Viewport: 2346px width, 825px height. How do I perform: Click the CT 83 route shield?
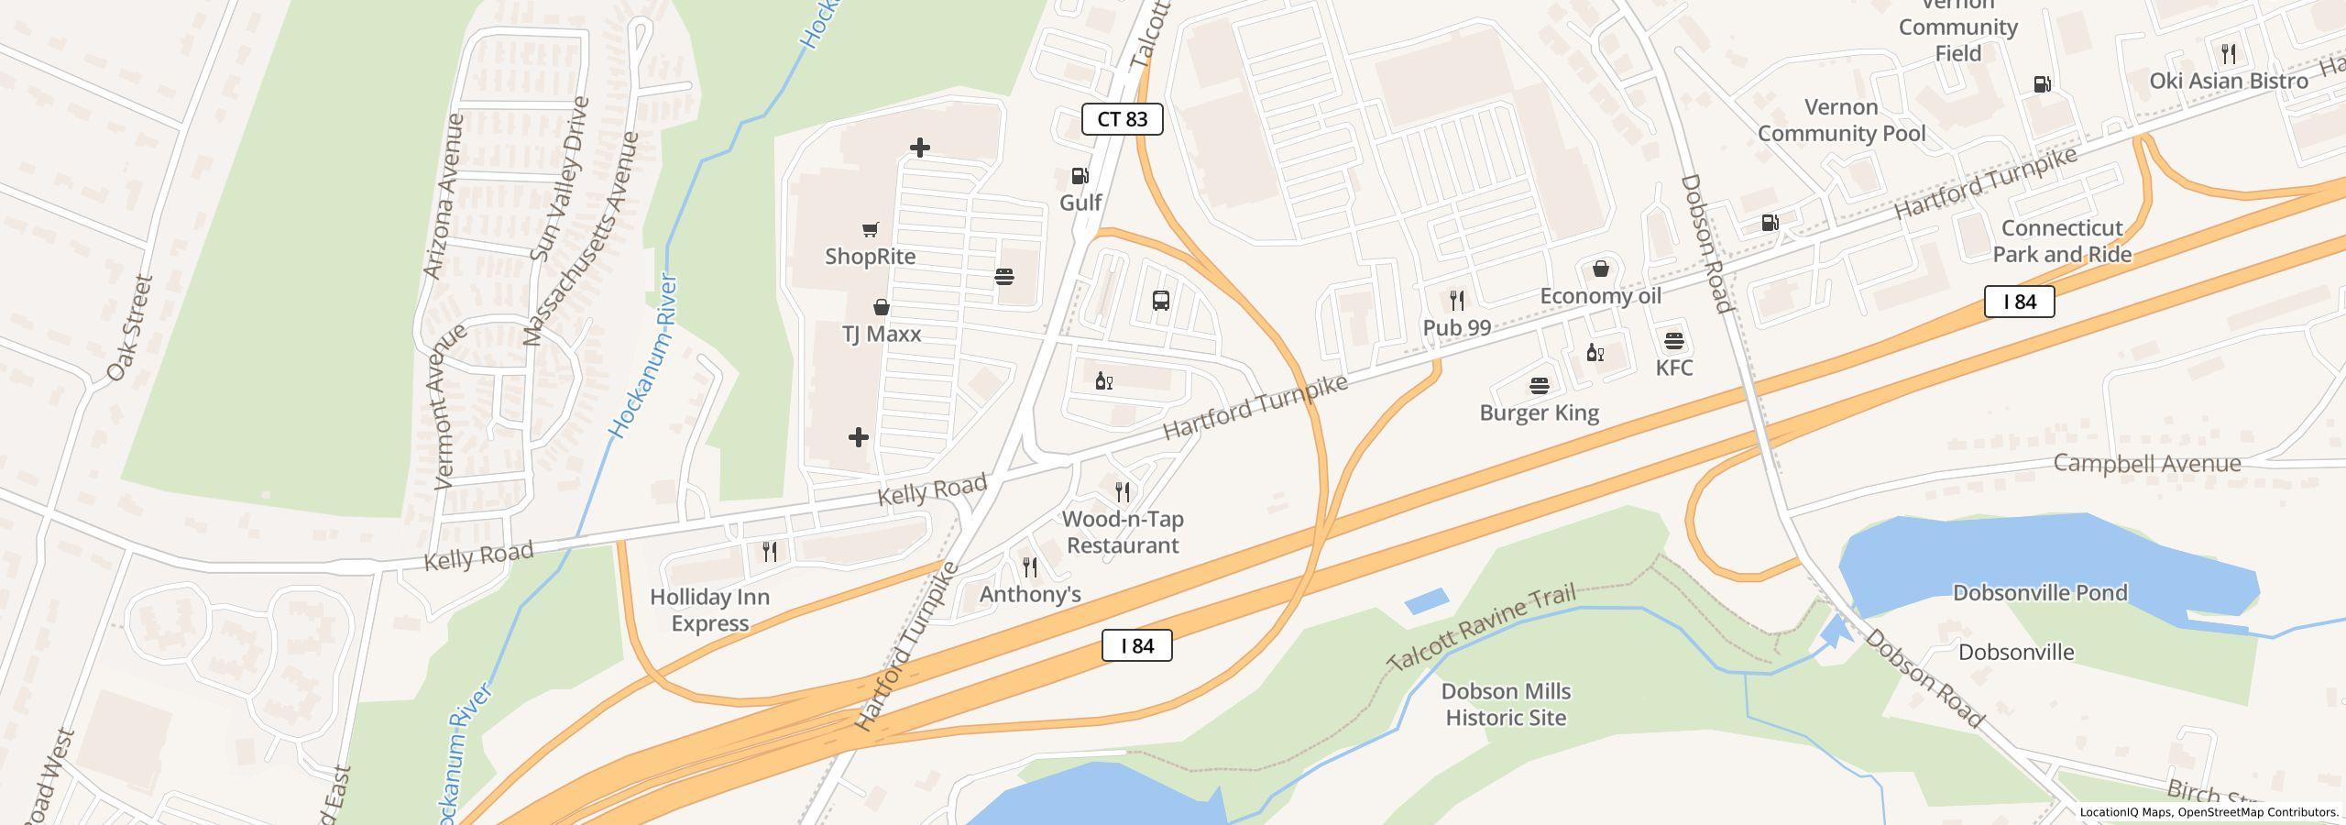(x=1122, y=119)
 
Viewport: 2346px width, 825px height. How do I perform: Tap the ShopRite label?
(x=870, y=257)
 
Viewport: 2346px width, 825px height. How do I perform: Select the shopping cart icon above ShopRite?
(x=870, y=229)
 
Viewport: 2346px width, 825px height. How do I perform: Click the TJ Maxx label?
(x=881, y=334)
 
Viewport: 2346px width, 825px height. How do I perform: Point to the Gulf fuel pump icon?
(x=1080, y=176)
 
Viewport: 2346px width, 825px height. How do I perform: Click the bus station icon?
(x=1160, y=301)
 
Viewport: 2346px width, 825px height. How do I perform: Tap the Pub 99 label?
(x=1456, y=327)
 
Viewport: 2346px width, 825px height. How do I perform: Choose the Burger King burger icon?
(x=1539, y=386)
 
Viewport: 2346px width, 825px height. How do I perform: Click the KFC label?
(x=1673, y=368)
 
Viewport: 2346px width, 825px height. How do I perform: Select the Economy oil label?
(x=1600, y=296)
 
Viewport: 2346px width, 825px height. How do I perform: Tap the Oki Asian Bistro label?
(x=2229, y=81)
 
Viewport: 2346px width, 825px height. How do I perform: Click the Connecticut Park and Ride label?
(x=2062, y=241)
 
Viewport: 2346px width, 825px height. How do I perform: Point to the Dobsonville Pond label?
(x=2040, y=593)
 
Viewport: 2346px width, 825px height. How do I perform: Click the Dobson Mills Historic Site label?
(x=1506, y=704)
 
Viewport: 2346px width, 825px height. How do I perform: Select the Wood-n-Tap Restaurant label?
(x=1123, y=532)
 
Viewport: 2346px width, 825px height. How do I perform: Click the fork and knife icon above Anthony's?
(x=1030, y=567)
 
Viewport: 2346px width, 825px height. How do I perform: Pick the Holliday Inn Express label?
(x=709, y=610)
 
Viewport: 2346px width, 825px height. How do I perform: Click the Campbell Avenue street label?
(x=2146, y=463)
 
